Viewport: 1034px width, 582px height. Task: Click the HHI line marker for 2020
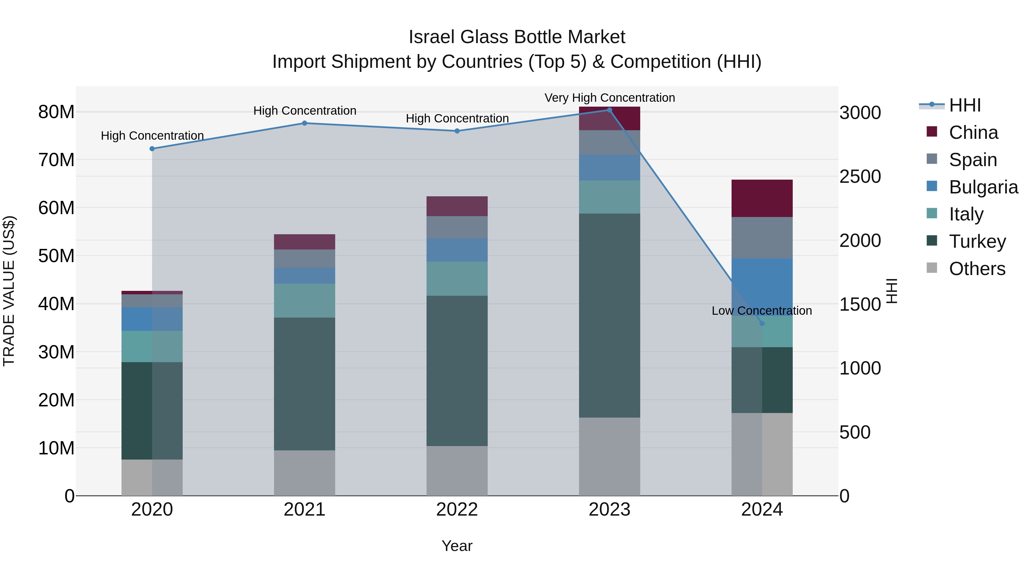tap(152, 149)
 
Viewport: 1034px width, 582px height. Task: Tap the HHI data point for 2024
tap(762, 323)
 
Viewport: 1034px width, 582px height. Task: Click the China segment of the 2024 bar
tap(762, 198)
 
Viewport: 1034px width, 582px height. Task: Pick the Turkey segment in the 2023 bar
tap(609, 315)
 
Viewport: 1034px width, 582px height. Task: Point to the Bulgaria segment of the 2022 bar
tap(457, 250)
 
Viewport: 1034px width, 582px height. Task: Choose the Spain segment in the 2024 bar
tap(762, 238)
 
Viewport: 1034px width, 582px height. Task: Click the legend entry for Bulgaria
tap(983, 187)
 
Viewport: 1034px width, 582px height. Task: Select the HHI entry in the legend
tap(964, 105)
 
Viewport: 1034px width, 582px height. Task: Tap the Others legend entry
tap(977, 269)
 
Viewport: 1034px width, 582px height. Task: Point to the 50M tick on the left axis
tap(56, 256)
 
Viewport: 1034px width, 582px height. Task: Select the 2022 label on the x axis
tap(457, 510)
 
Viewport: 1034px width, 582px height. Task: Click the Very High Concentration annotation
tap(609, 98)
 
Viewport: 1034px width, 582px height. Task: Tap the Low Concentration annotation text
tap(761, 310)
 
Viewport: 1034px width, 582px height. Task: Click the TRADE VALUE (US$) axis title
tap(9, 291)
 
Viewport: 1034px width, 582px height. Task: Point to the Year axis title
tap(457, 546)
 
